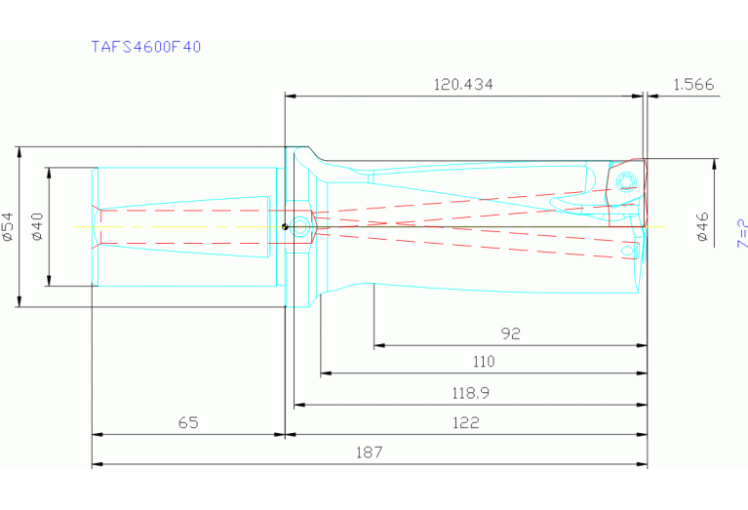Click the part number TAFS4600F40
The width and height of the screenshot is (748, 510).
click(146, 46)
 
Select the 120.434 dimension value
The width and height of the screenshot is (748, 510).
click(463, 85)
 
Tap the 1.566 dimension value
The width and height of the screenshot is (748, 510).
click(693, 85)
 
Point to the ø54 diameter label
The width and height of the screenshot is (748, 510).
click(8, 226)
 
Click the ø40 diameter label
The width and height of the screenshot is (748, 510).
click(37, 226)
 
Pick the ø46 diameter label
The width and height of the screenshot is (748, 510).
click(701, 226)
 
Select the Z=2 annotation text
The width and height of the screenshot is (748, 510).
click(740, 233)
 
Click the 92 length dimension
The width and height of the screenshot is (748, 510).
click(510, 333)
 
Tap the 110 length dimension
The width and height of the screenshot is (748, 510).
click(482, 362)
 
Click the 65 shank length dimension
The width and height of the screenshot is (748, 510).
click(188, 423)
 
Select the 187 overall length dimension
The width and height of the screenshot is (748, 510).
click(370, 452)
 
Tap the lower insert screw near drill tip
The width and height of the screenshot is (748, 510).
click(627, 254)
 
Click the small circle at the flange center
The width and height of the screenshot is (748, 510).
click(300, 227)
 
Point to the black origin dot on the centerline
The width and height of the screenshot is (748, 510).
click(284, 227)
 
